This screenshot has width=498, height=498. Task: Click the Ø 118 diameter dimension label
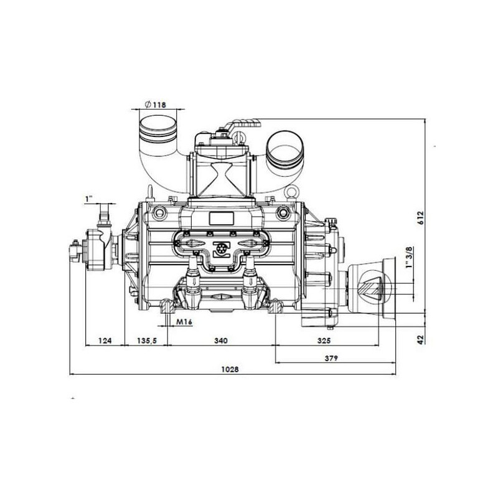[155, 104]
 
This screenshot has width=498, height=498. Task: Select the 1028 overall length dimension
[230, 369]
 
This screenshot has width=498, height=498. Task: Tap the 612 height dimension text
[421, 218]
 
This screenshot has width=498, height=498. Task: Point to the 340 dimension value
[221, 341]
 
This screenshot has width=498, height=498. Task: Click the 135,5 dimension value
[147, 341]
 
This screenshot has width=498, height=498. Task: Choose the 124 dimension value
[105, 341]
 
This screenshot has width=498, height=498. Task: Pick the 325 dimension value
[324, 341]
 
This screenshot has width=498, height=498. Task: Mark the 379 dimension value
[331, 359]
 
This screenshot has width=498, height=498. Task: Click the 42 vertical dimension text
[421, 339]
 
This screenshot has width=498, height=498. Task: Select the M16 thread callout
[184, 322]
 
